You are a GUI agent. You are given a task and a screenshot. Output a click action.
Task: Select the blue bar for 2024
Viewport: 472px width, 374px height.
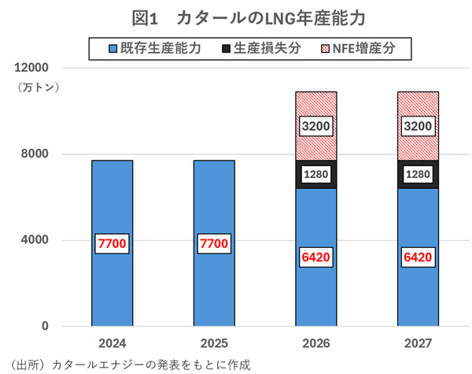pos(112,205)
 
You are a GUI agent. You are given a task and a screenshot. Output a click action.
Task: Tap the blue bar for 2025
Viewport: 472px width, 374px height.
pos(214,205)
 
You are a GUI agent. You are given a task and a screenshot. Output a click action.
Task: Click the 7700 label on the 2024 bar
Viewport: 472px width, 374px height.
pos(112,244)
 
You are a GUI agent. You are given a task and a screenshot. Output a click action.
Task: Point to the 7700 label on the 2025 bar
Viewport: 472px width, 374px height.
pos(214,244)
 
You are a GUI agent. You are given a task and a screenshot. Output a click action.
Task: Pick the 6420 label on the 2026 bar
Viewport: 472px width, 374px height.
pos(315,257)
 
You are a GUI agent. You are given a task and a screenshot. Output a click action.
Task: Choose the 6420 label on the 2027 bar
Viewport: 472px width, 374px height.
pos(417,257)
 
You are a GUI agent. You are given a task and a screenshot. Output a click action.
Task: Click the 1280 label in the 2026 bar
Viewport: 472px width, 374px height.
pos(315,174)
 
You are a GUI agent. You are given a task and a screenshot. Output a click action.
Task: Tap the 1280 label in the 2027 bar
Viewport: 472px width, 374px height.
pos(417,174)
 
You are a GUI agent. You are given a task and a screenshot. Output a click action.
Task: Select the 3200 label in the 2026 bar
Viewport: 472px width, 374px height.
pos(315,125)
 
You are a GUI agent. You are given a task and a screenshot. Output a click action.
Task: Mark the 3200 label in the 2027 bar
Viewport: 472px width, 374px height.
pos(417,125)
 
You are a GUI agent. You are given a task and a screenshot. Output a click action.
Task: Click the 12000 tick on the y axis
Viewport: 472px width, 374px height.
pos(31,68)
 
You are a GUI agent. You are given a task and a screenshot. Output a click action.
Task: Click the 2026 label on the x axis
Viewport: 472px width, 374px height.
pos(315,344)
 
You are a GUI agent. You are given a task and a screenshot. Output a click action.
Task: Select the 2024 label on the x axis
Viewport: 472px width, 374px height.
pos(112,344)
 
